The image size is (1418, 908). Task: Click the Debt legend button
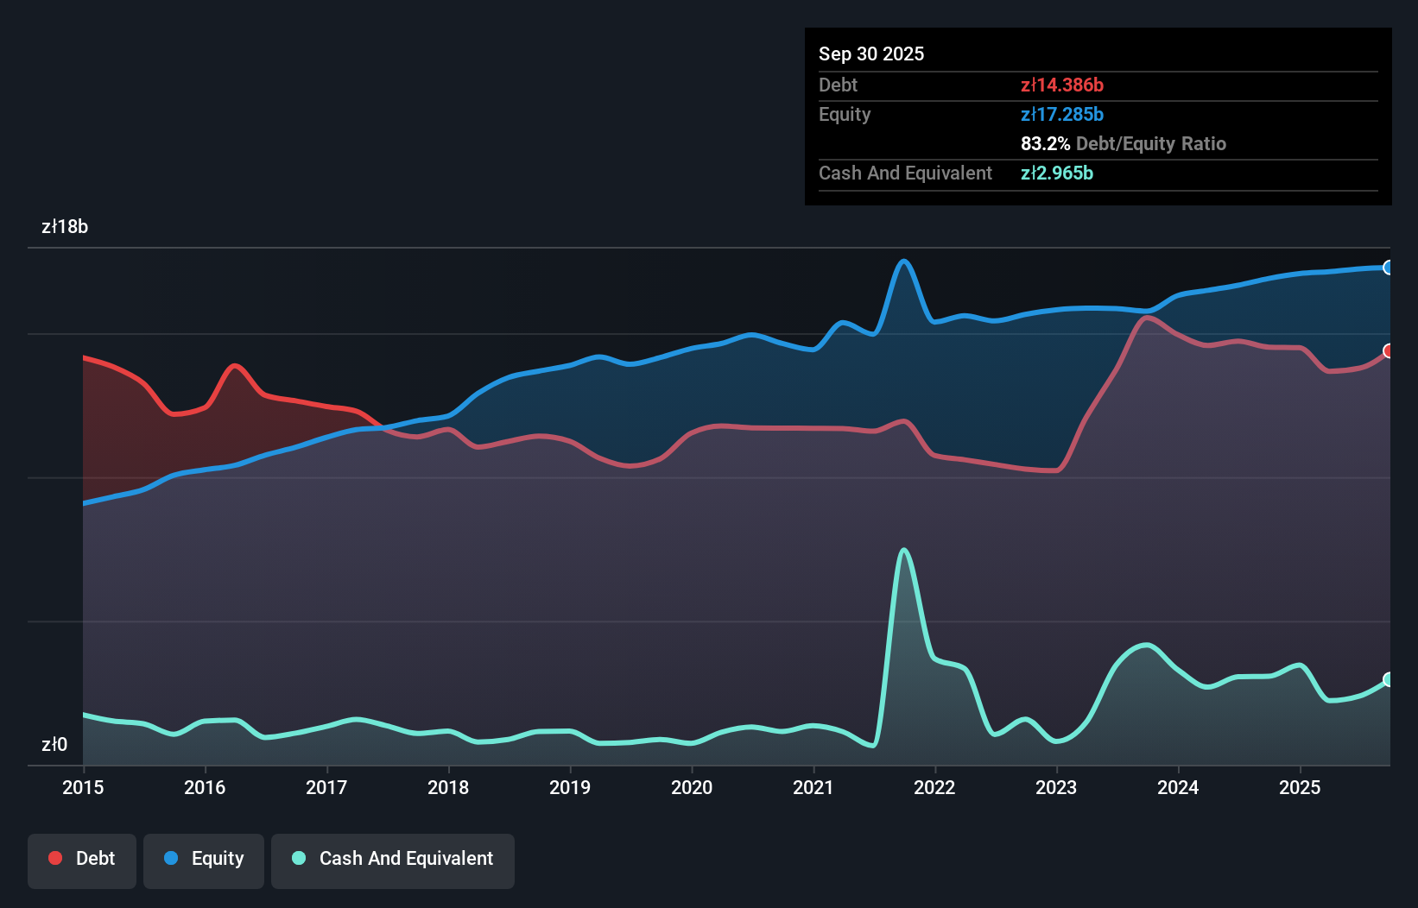82,859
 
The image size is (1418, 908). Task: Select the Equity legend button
204,859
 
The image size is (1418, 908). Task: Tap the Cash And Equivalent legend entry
393,859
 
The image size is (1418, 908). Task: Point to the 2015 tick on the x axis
83,787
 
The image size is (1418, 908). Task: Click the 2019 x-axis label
570,787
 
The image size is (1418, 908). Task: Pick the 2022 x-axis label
934,787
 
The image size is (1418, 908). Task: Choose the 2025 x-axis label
1300,787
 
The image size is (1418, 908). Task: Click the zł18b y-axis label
65,227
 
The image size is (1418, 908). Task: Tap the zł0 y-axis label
54,744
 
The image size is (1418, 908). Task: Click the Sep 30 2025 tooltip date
871,54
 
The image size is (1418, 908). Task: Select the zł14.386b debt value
1062,85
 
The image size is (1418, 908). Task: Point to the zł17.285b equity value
1062,114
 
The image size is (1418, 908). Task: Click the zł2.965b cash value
1057,173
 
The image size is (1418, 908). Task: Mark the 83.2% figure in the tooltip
1045,143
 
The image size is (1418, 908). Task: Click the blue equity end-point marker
1389,268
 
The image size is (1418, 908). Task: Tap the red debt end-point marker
1389,350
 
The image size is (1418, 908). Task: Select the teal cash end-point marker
1389,679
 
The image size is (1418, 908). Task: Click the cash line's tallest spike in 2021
903,550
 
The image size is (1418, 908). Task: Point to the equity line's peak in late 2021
904,261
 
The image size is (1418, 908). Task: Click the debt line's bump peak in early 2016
235,366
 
